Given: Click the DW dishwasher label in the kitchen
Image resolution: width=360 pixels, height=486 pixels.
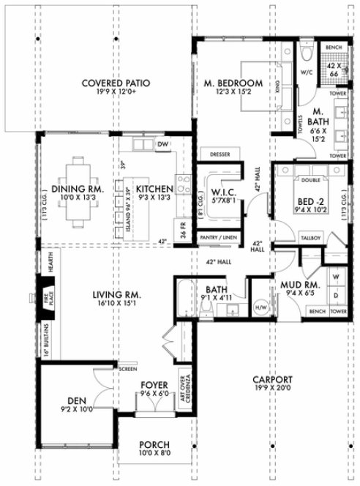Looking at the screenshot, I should coord(162,144).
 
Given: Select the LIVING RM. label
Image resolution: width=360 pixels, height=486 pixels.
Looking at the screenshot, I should coord(116,295).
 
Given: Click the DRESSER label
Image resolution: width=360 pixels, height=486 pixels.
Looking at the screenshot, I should coord(220,155).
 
